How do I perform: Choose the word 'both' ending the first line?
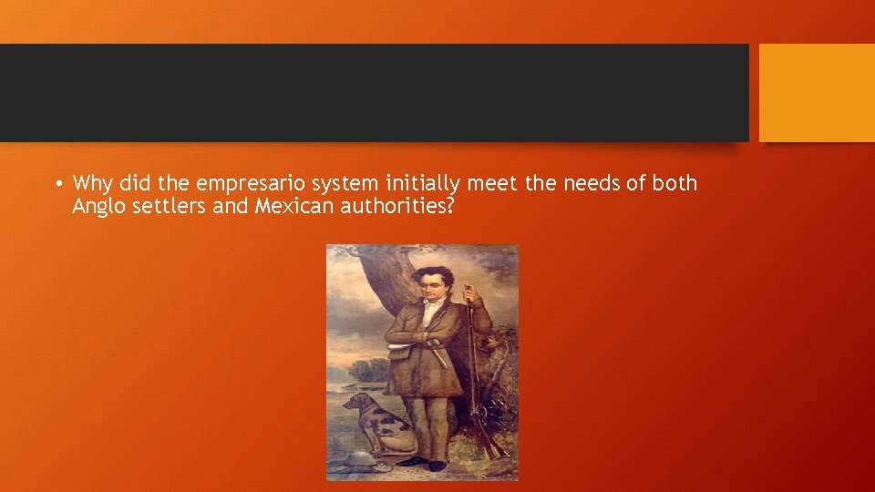[x=675, y=183]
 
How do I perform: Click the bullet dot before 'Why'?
[x=57, y=185]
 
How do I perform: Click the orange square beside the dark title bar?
[x=817, y=93]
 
